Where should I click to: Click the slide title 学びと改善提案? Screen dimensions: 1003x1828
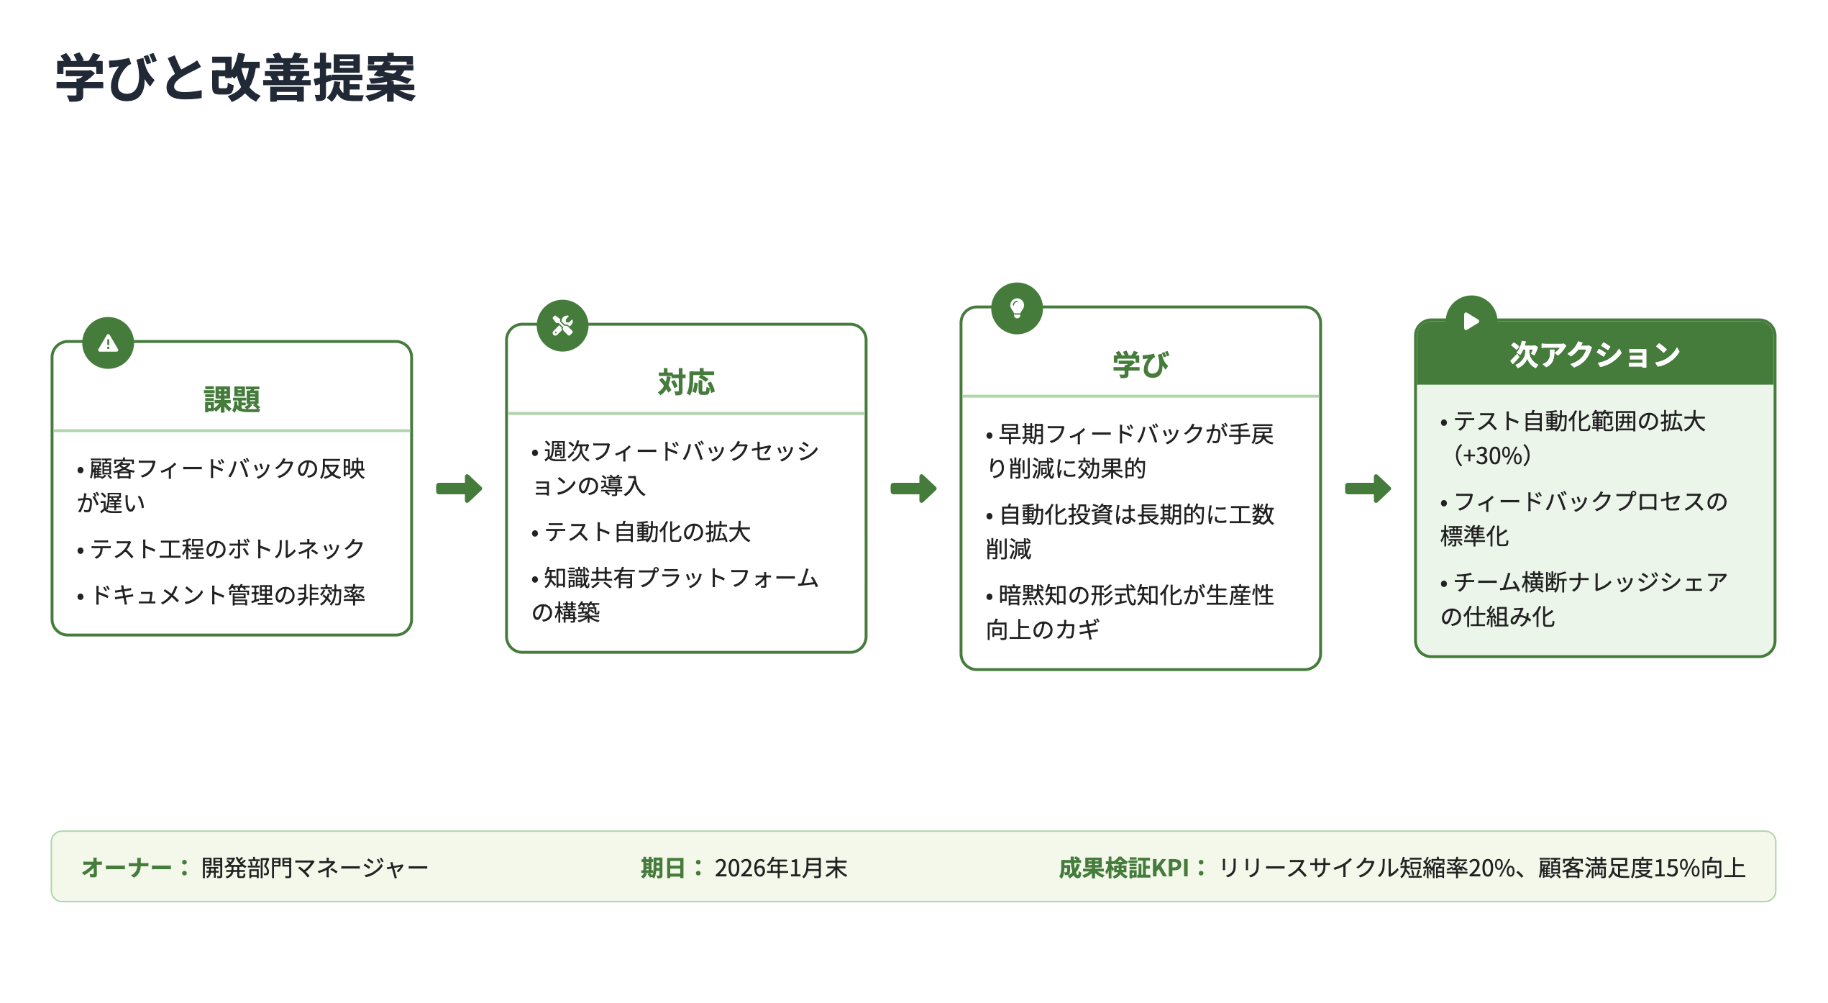236,78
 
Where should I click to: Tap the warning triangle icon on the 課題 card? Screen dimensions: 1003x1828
108,343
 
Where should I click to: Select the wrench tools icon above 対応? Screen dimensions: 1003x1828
562,326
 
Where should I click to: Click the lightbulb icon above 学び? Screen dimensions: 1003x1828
1017,309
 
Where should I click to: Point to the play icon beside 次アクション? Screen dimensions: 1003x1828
1471,321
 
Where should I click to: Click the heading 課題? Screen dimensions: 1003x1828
232,399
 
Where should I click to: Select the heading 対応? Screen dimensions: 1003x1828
686,382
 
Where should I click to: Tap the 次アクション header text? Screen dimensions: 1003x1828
1595,354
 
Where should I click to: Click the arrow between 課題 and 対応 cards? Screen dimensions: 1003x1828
459,489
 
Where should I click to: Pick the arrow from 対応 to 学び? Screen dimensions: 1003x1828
913,489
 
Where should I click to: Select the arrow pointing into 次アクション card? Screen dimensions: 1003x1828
1368,489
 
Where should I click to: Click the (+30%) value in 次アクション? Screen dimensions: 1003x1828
1493,455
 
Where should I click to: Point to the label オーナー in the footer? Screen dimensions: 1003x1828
127,868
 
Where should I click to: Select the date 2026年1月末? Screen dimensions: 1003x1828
781,868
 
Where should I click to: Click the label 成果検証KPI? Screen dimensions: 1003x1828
1124,868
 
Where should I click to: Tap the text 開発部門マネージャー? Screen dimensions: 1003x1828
314,868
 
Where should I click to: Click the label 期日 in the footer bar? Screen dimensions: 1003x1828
662,868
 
